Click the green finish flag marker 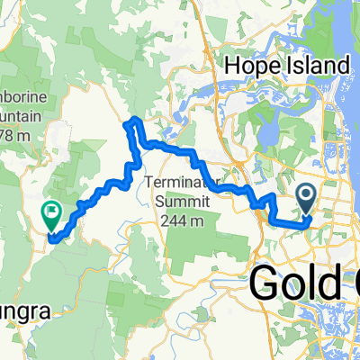tap(49, 214)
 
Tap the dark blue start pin tap(306, 195)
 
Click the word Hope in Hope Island tap(253, 66)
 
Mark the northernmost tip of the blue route tap(135, 118)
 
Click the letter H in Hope tap(232, 66)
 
